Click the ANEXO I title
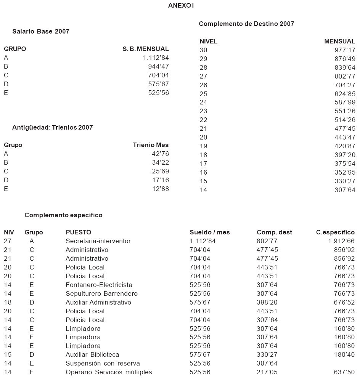[x=181, y=6]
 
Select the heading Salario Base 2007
[x=41, y=31]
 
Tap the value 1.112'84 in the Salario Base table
[x=156, y=58]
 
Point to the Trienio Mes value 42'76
[x=160, y=154]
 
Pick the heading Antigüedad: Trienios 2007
[x=52, y=127]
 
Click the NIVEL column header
[x=208, y=41]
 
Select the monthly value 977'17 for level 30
[x=345, y=50]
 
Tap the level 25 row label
[x=203, y=94]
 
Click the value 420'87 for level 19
[x=345, y=146]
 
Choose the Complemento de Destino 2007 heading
[x=246, y=24]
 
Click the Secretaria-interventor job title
[x=98, y=241]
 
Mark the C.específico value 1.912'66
[x=341, y=241]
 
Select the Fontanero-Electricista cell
[x=99, y=285]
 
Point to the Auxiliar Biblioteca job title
[x=92, y=355]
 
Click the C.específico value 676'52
[x=345, y=302]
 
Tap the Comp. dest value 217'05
[x=267, y=372]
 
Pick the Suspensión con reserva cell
[x=103, y=364]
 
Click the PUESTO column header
[x=78, y=232]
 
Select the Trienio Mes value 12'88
[x=160, y=189]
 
